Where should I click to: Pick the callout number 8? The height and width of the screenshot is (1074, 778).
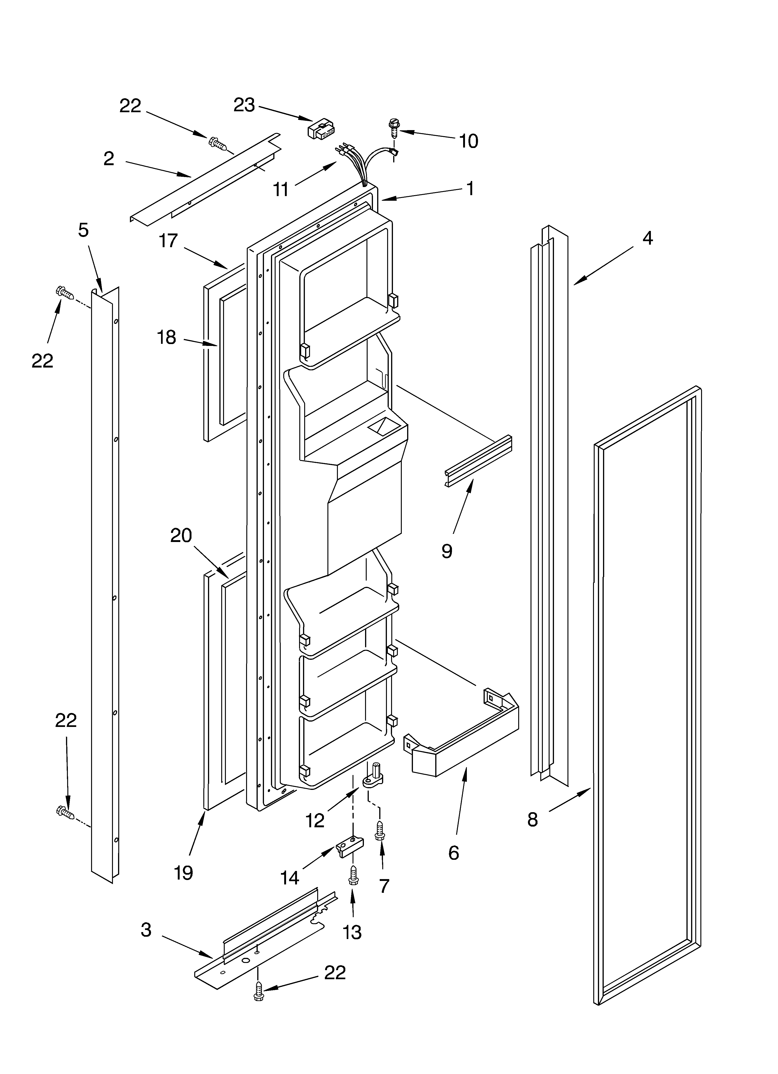[x=533, y=819]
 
